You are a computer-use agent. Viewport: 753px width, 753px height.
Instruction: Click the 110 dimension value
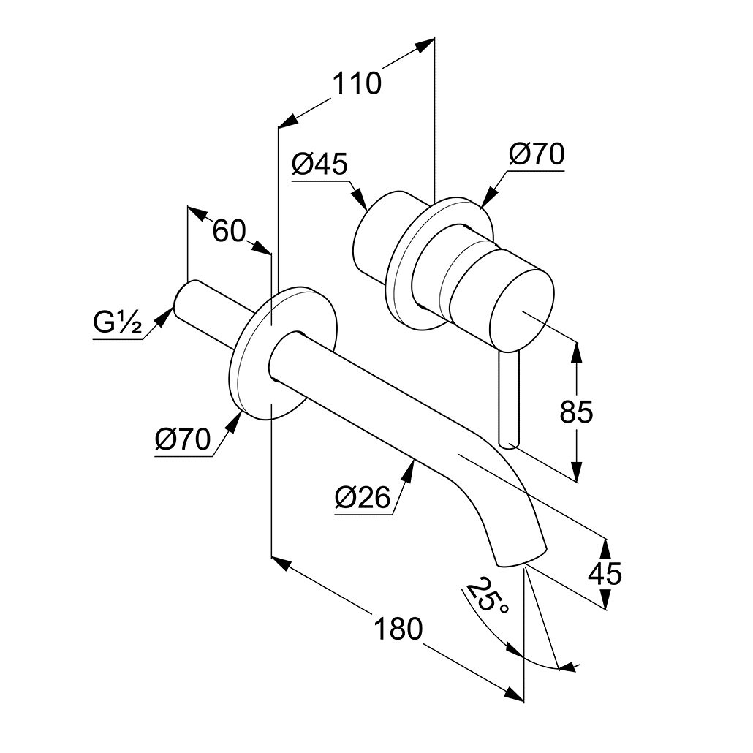point(357,83)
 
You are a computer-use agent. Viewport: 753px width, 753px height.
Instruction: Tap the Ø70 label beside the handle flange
point(537,156)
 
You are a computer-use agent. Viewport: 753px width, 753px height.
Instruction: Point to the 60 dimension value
point(228,232)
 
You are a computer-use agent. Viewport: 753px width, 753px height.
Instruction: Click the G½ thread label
point(116,322)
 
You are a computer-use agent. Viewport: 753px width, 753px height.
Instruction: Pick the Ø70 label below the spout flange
point(182,439)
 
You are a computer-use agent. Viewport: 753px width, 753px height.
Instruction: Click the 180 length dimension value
point(398,628)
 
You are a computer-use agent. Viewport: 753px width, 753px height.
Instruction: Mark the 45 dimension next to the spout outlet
point(605,573)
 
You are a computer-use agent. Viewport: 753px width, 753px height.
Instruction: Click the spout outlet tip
point(521,557)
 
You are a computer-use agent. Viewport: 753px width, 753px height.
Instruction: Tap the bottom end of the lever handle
point(510,442)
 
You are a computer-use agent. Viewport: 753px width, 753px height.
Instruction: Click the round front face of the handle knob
point(521,308)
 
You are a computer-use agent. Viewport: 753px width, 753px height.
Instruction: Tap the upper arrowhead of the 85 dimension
point(577,350)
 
